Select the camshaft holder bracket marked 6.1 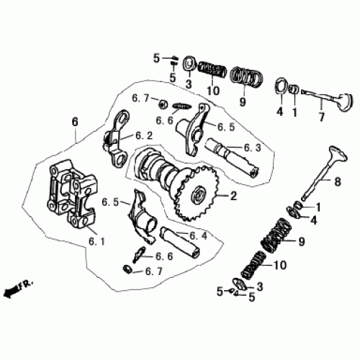[x=68, y=194]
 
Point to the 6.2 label [x=144, y=135]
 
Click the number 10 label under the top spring [x=212, y=91]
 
